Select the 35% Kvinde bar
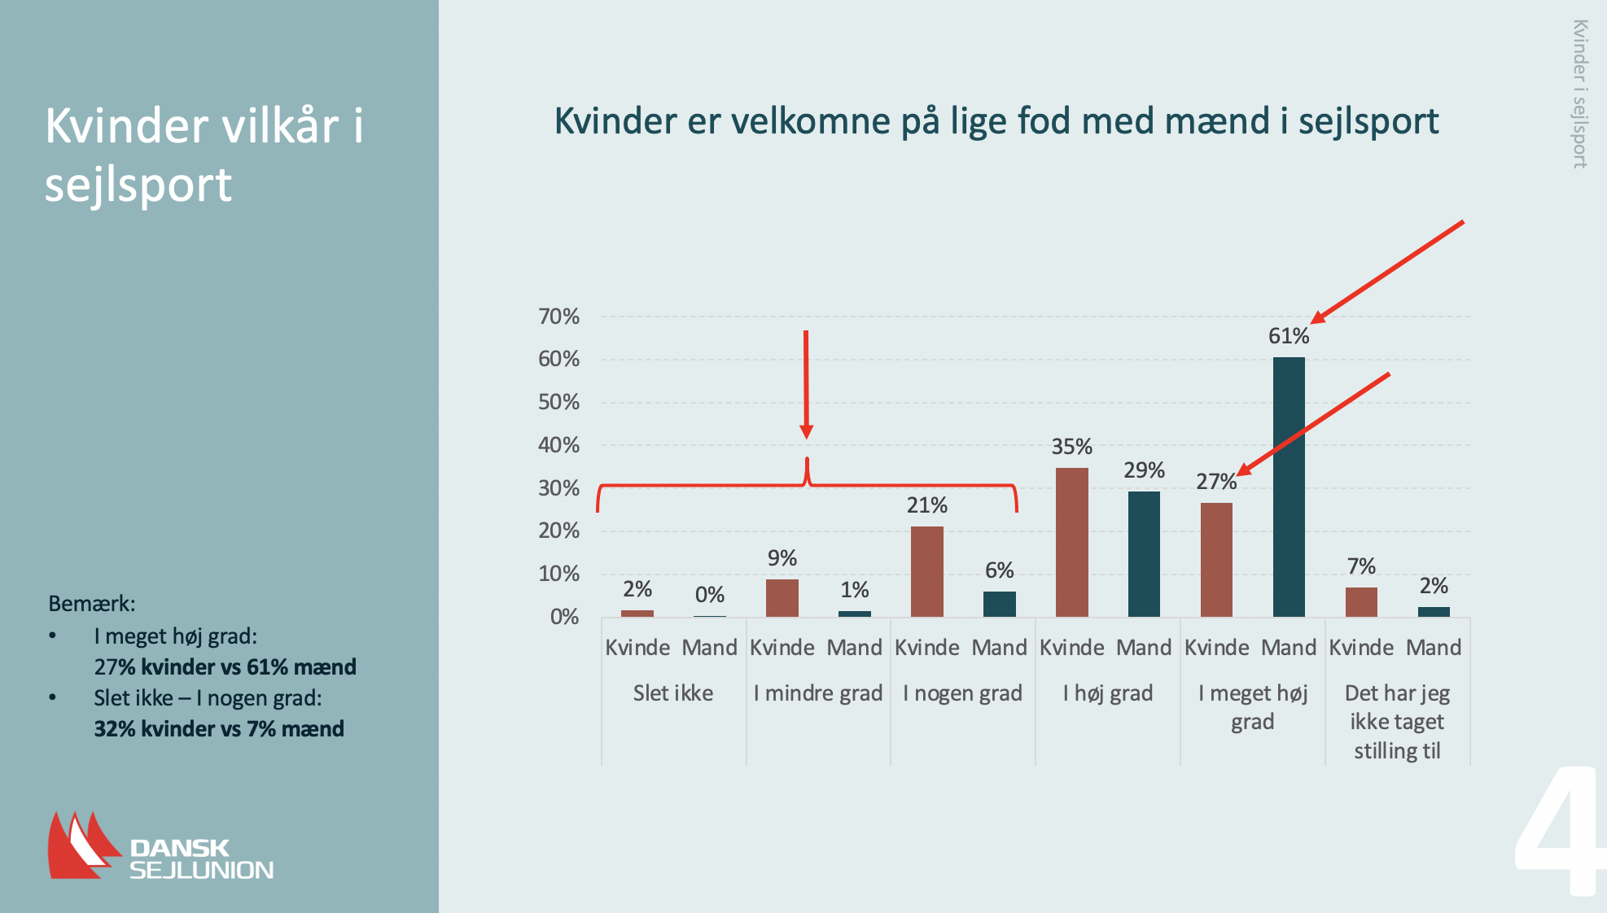[x=1071, y=542]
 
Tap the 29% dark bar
[x=1144, y=554]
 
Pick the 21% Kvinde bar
[x=926, y=571]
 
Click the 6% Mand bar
[x=999, y=604]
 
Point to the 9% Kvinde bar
[x=782, y=597]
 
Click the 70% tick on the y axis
[x=558, y=317]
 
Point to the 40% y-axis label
[x=558, y=445]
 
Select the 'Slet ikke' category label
[x=673, y=693]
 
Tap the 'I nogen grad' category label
[x=962, y=693]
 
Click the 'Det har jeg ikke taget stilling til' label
[x=1397, y=722]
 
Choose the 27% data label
[x=1215, y=482]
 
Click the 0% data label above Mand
[x=709, y=595]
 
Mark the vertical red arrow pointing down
[x=806, y=382]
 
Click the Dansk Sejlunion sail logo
[x=81, y=846]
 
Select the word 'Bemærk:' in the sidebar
[x=92, y=604]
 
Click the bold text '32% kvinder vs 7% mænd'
[x=219, y=729]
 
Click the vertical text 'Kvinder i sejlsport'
[x=1579, y=94]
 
